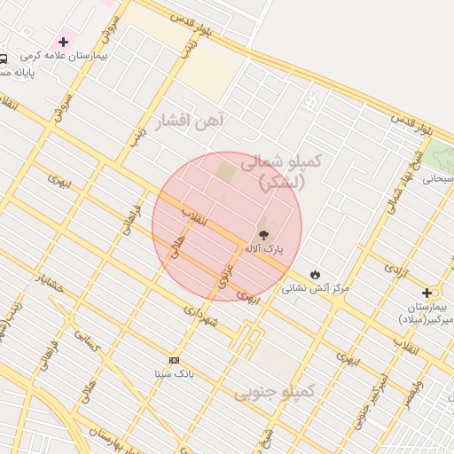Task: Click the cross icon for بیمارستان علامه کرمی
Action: (x=63, y=42)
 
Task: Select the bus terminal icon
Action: (x=4, y=59)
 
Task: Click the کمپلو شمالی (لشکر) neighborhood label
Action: (x=283, y=172)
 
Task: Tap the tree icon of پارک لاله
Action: (x=262, y=234)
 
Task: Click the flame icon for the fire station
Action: (x=315, y=273)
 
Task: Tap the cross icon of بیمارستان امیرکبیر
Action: (x=427, y=293)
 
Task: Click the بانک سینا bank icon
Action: (x=174, y=360)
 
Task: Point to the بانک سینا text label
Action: (x=174, y=373)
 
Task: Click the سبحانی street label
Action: (x=438, y=178)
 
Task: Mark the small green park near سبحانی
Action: (x=438, y=157)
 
